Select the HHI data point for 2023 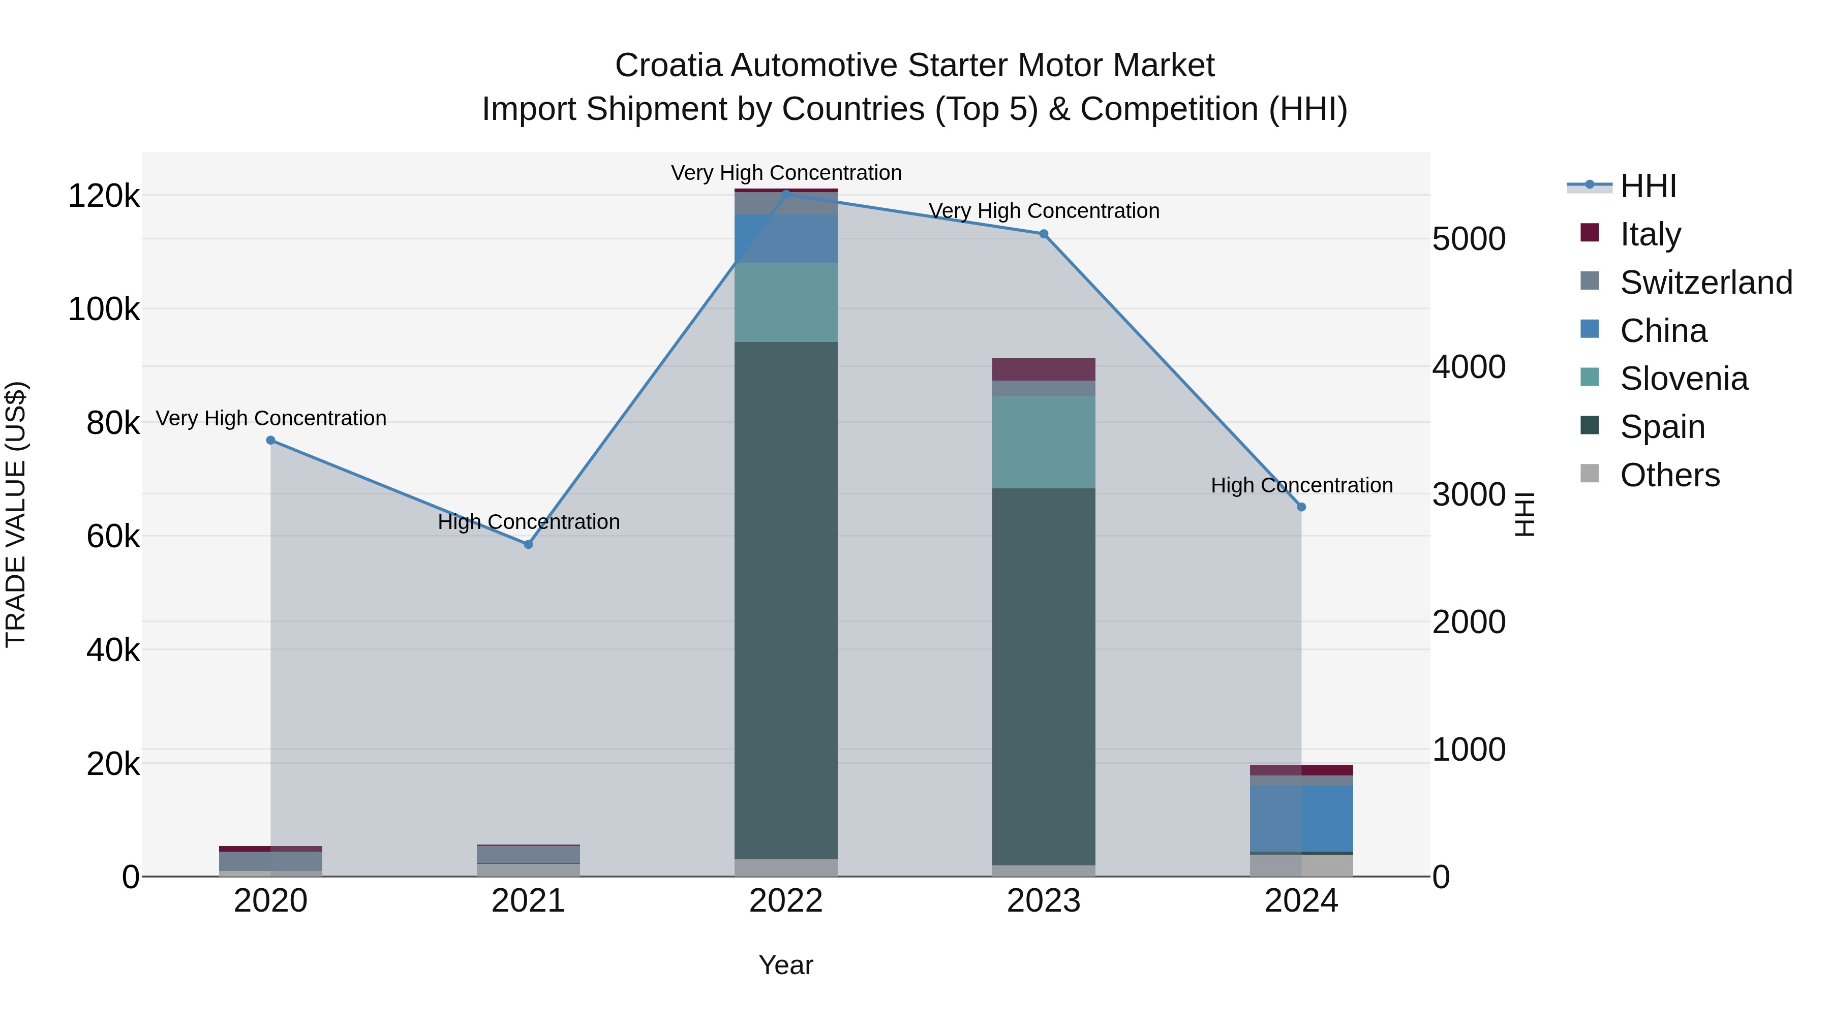[1044, 234]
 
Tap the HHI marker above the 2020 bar [270, 440]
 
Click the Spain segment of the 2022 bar [786, 600]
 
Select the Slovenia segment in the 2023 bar [1044, 442]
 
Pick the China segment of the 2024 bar [1301, 818]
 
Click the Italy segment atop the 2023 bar [1044, 369]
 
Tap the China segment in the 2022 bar [786, 239]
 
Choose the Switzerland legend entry [1705, 283]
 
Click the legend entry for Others [1669, 475]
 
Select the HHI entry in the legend [1648, 186]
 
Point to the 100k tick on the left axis [104, 309]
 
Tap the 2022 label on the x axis [786, 901]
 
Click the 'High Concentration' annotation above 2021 [529, 522]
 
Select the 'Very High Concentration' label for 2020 [270, 418]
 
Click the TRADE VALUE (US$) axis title [16, 514]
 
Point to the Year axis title [786, 965]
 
